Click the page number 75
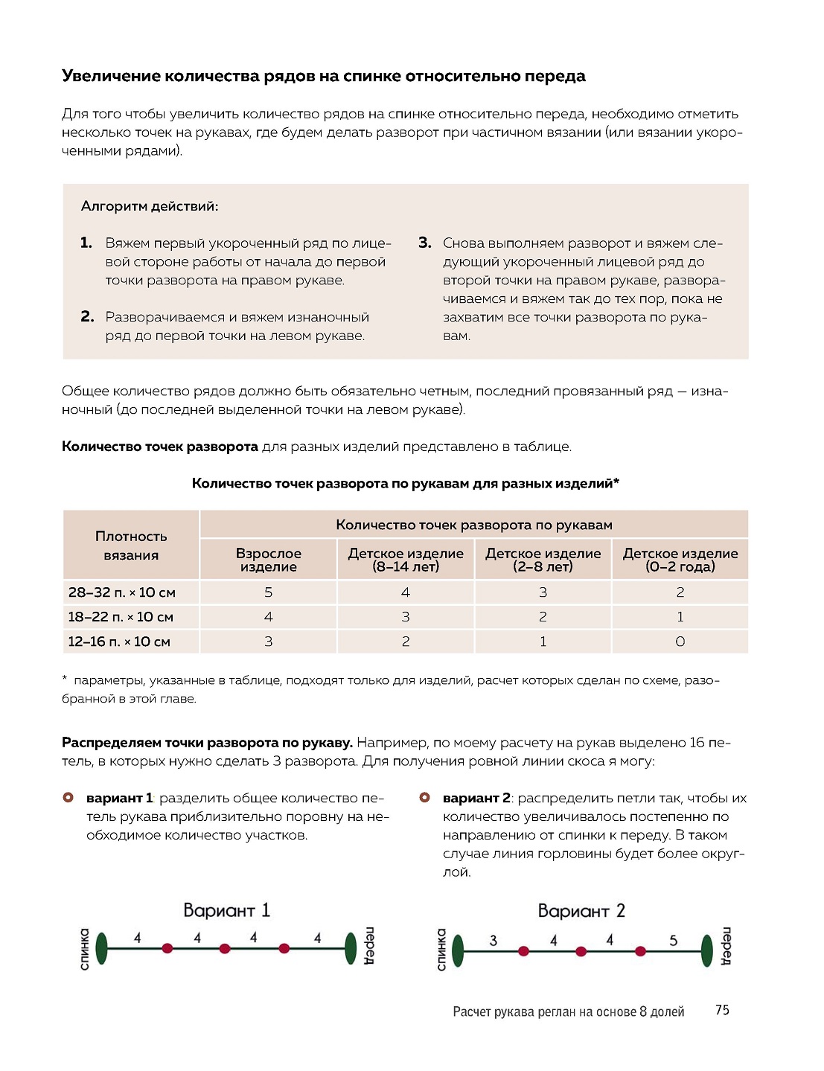pos(722,1010)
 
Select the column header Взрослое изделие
pos(269,560)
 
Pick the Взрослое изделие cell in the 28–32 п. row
pos(269,592)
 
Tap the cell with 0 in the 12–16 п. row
pos(680,642)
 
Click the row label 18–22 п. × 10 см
pos(121,617)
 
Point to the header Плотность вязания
pos(131,546)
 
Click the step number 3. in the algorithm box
pos(425,243)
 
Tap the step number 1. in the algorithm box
pos(86,243)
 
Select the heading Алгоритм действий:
pos(150,206)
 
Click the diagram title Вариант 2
pos(581,911)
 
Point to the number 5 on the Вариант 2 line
pos(673,941)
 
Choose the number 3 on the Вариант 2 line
pos(493,941)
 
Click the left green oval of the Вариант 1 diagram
pos(102,948)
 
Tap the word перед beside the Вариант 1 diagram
pos(369,946)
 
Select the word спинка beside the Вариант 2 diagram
pos(441,949)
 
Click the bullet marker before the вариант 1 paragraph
pos(68,798)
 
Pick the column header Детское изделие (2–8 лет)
pos(543,560)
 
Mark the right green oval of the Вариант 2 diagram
pos(707,951)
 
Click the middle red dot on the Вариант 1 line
pos(225,948)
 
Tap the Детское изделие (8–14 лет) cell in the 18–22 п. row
pos(406,617)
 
